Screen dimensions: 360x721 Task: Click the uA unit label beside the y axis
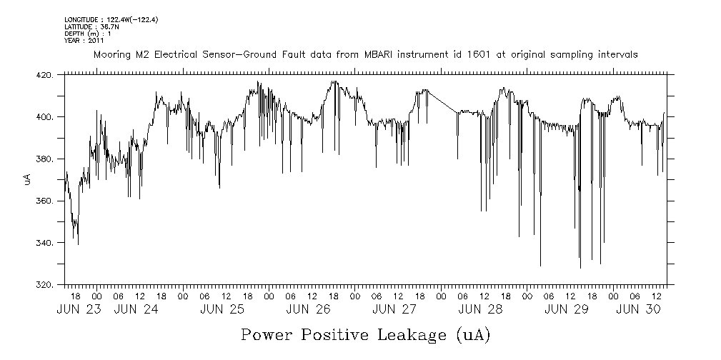point(27,179)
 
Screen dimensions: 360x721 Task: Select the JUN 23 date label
point(79,309)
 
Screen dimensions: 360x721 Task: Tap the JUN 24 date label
point(136,309)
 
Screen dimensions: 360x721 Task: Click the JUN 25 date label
point(222,309)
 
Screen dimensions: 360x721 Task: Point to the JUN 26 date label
point(308,309)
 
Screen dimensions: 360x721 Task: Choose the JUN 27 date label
point(394,309)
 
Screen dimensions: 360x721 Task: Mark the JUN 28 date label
point(480,309)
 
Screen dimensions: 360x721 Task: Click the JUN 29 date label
point(566,309)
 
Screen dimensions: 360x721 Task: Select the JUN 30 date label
point(637,309)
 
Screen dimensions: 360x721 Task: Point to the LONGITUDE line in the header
point(111,19)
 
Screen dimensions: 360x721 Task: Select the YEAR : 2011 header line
point(84,40)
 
